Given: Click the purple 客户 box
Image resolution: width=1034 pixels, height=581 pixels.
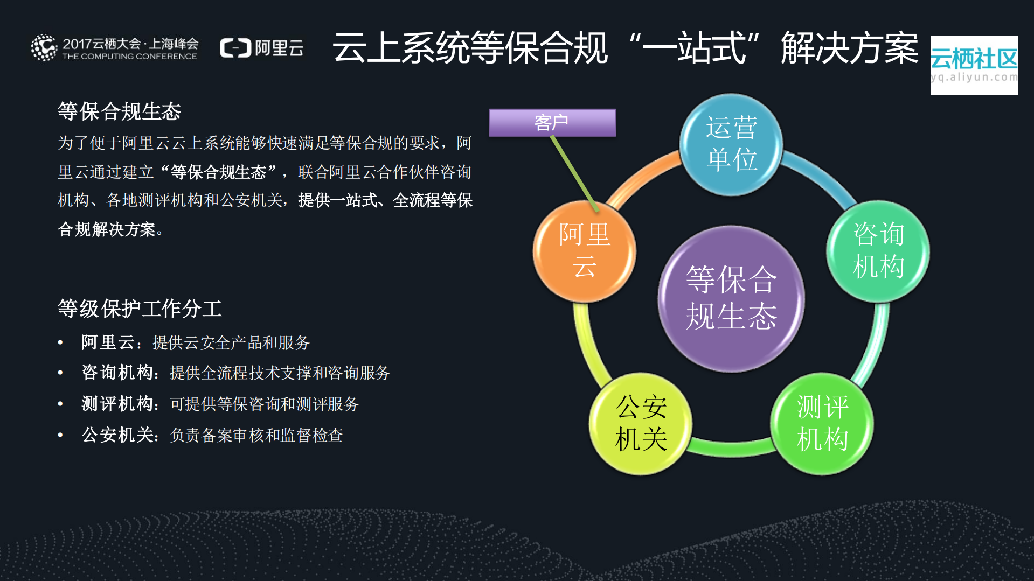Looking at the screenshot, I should click(x=552, y=123).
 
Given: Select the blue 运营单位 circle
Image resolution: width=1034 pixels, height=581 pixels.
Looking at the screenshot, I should click(x=731, y=144).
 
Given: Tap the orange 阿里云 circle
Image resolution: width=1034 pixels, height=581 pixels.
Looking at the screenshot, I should click(x=584, y=251).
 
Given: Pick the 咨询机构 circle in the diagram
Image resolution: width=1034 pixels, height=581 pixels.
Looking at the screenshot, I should click(x=878, y=251).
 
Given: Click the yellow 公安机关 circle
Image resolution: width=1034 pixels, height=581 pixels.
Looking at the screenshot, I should click(x=641, y=423).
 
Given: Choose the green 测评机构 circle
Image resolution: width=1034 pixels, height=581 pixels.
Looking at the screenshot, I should click(x=822, y=423).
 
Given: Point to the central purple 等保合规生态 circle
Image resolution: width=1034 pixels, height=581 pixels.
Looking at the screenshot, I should click(x=731, y=298).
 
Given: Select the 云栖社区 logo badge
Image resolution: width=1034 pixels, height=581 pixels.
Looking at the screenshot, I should click(x=974, y=65).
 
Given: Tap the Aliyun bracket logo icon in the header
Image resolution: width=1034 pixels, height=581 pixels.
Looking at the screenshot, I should click(x=235, y=48).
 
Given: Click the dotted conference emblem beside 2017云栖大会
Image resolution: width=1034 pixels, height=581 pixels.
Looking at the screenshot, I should click(x=44, y=48).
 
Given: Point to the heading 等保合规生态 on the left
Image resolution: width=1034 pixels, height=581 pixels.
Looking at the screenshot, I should click(x=119, y=111).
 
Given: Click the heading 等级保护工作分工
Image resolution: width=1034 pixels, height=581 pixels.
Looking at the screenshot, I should click(x=140, y=309).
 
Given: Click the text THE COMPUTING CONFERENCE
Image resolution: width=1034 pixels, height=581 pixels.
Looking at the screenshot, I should click(x=129, y=57).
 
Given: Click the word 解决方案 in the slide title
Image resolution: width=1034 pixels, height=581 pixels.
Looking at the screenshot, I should click(x=849, y=48).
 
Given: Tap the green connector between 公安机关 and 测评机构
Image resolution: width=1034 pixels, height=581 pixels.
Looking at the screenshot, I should click(x=731, y=447).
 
